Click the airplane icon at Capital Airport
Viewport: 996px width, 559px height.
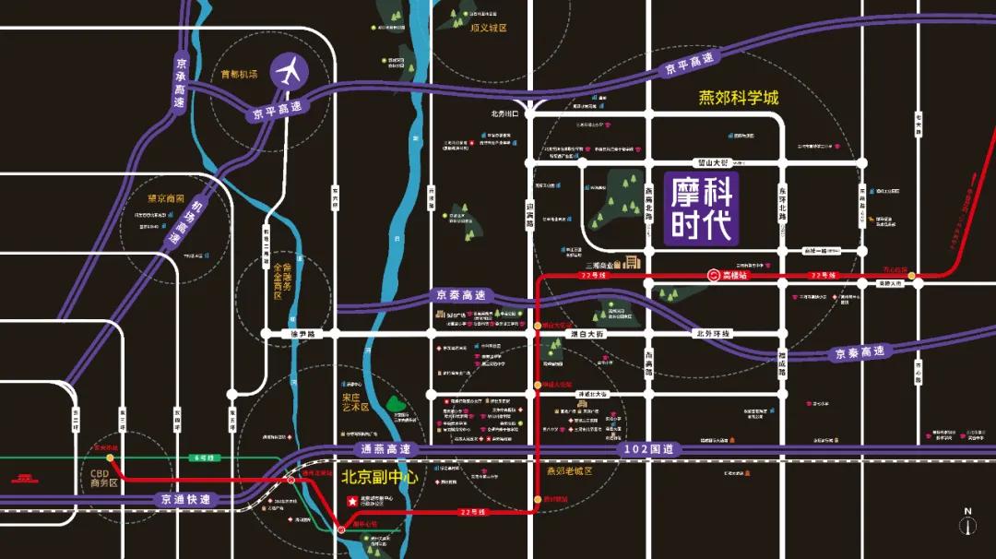[x=290, y=72]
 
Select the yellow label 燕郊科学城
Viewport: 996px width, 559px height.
[x=738, y=98]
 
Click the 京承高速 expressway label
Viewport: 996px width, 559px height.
[x=181, y=83]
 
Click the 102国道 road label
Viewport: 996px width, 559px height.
[x=648, y=449]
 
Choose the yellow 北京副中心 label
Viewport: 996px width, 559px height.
[x=380, y=479]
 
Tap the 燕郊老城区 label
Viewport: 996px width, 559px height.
[x=567, y=470]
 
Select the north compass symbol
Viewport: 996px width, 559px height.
[x=967, y=522]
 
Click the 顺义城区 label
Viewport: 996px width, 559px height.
[x=489, y=28]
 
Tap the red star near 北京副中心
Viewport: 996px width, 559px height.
[x=350, y=501]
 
